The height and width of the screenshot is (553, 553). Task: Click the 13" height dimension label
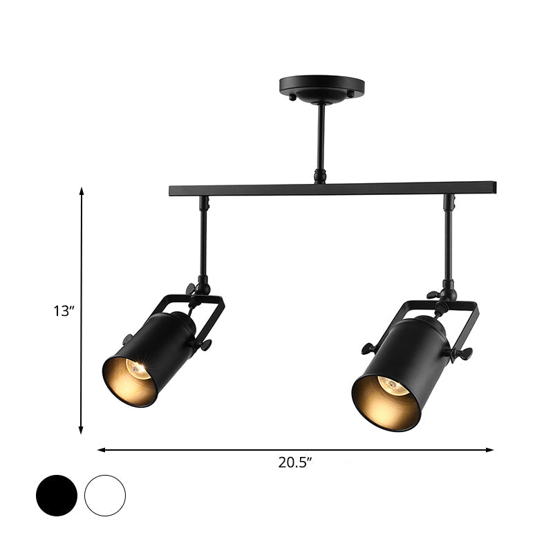pyautogui.click(x=64, y=311)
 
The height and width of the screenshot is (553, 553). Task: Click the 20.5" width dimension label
pyautogui.click(x=297, y=464)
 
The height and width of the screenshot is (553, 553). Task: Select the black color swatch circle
pyautogui.click(x=56, y=495)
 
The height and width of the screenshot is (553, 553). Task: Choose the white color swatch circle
pyautogui.click(x=105, y=495)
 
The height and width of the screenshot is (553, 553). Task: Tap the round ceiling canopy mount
pyautogui.click(x=321, y=88)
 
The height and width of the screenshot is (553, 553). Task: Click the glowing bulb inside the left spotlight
pyautogui.click(x=139, y=369)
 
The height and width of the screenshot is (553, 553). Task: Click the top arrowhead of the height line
pyautogui.click(x=82, y=191)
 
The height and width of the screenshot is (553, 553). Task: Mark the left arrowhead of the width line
pyautogui.click(x=101, y=450)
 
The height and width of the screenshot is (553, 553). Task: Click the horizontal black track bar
pyautogui.click(x=332, y=188)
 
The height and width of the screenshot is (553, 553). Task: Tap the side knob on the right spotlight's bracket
pyautogui.click(x=460, y=354)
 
